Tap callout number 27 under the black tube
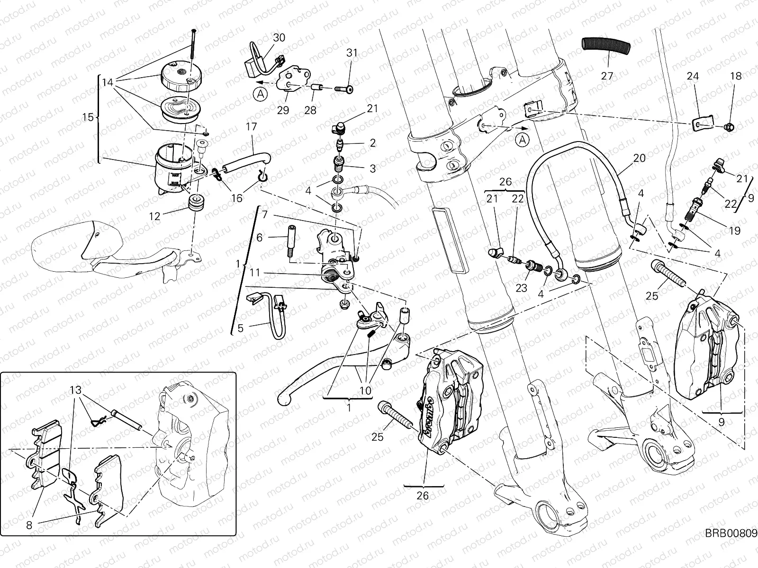(607, 75)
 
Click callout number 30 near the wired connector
(279, 37)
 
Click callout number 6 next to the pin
(259, 238)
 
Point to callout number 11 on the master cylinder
(255, 273)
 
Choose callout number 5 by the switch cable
(240, 328)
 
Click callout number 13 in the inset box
(76, 390)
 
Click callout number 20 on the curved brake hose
(639, 158)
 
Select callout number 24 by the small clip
(693, 76)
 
